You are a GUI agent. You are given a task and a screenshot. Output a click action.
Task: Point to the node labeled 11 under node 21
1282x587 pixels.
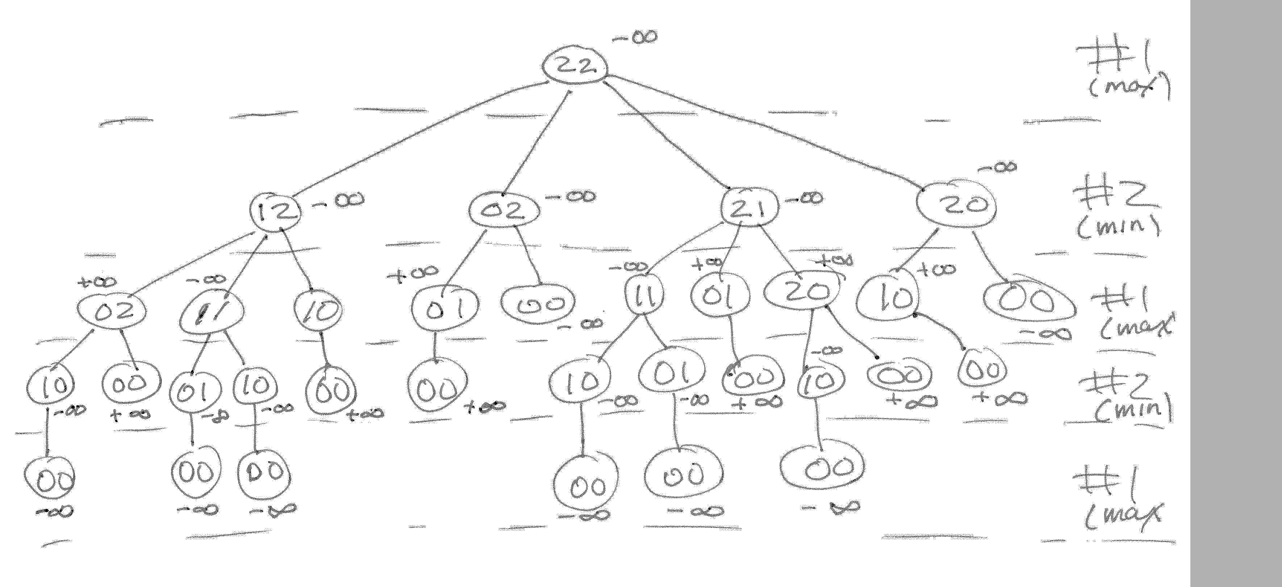point(645,297)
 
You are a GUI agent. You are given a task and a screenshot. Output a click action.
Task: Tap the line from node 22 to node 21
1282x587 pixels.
point(667,134)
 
